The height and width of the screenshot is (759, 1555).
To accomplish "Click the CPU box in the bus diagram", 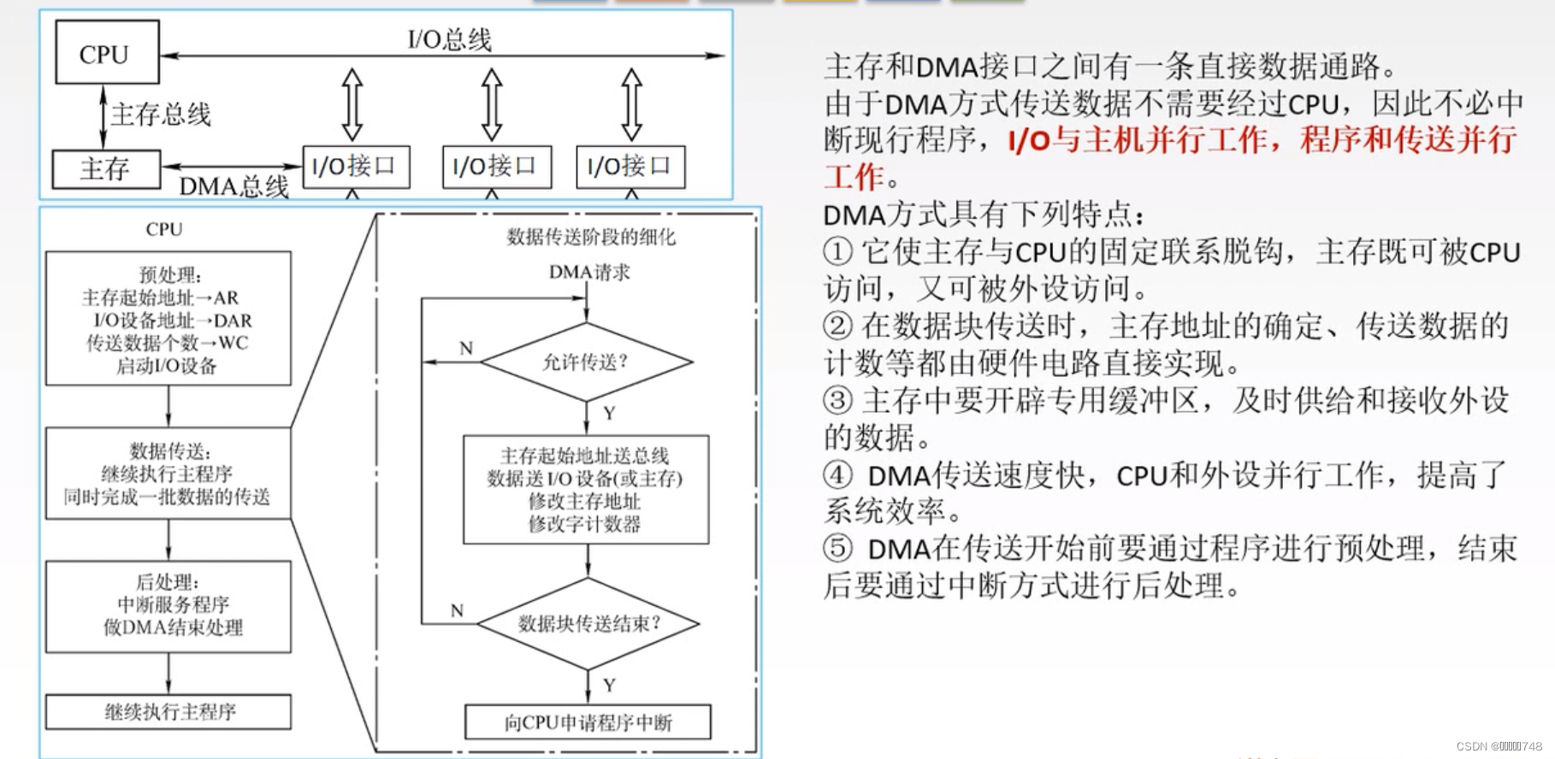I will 106,53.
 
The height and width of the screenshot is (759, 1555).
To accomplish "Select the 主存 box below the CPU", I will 106,168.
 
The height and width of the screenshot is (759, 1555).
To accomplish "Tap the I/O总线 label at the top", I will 449,39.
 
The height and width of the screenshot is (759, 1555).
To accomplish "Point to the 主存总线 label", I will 161,115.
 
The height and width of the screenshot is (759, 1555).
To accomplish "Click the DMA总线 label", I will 234,186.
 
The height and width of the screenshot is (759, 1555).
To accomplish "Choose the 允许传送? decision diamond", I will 586,362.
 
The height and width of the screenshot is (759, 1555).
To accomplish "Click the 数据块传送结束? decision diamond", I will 588,623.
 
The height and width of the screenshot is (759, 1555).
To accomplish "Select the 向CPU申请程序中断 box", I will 588,722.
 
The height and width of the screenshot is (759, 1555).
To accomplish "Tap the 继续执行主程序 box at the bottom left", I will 169,712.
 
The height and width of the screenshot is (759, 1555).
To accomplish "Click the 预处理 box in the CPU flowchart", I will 169,319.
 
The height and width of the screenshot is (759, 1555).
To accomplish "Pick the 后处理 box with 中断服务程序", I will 169,606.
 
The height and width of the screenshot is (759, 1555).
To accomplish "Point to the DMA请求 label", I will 588,273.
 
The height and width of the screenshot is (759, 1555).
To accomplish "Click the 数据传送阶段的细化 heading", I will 590,237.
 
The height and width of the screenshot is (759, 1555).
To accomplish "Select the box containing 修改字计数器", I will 586,490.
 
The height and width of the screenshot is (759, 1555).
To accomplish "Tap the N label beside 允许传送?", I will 465,348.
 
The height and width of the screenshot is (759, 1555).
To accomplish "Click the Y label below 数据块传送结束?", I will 609,685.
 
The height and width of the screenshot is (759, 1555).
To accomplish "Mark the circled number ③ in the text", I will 838,400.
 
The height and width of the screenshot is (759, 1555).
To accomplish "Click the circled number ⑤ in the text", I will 838,548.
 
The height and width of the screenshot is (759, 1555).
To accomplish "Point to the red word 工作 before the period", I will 854,177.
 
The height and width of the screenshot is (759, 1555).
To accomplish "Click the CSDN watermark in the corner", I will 1499,746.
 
